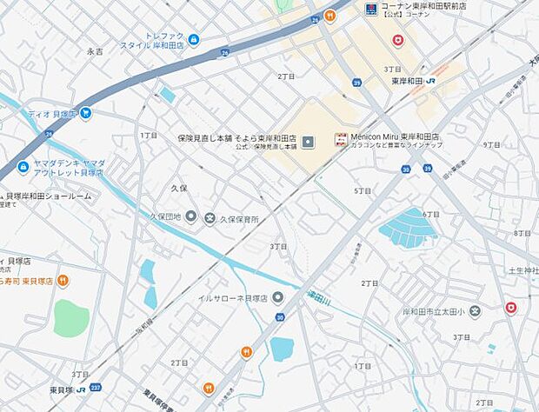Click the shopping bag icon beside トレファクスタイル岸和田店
click(193, 40)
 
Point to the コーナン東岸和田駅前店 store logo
click(371, 10)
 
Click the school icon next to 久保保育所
click(210, 218)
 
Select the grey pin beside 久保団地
click(190, 216)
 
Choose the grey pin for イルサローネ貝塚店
click(277, 298)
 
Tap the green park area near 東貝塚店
click(70, 317)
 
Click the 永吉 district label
click(95, 52)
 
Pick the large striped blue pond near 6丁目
click(408, 227)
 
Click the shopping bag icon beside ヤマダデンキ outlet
click(23, 167)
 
